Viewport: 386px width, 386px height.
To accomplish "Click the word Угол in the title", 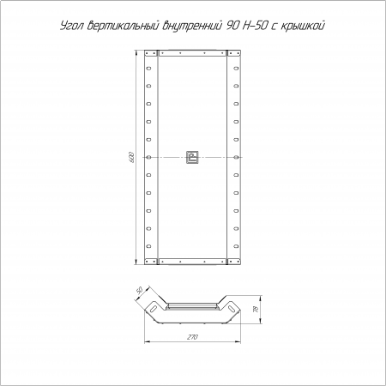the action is (72, 26).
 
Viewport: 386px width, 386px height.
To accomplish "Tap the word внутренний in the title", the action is (192, 26).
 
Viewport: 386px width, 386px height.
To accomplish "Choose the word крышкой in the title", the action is (303, 26).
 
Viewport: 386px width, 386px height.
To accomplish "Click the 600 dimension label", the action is (131, 157).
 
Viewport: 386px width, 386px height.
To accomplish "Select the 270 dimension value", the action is (192, 337).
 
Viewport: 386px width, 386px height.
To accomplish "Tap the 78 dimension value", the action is (256, 309).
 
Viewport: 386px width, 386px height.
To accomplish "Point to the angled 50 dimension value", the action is (140, 291).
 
